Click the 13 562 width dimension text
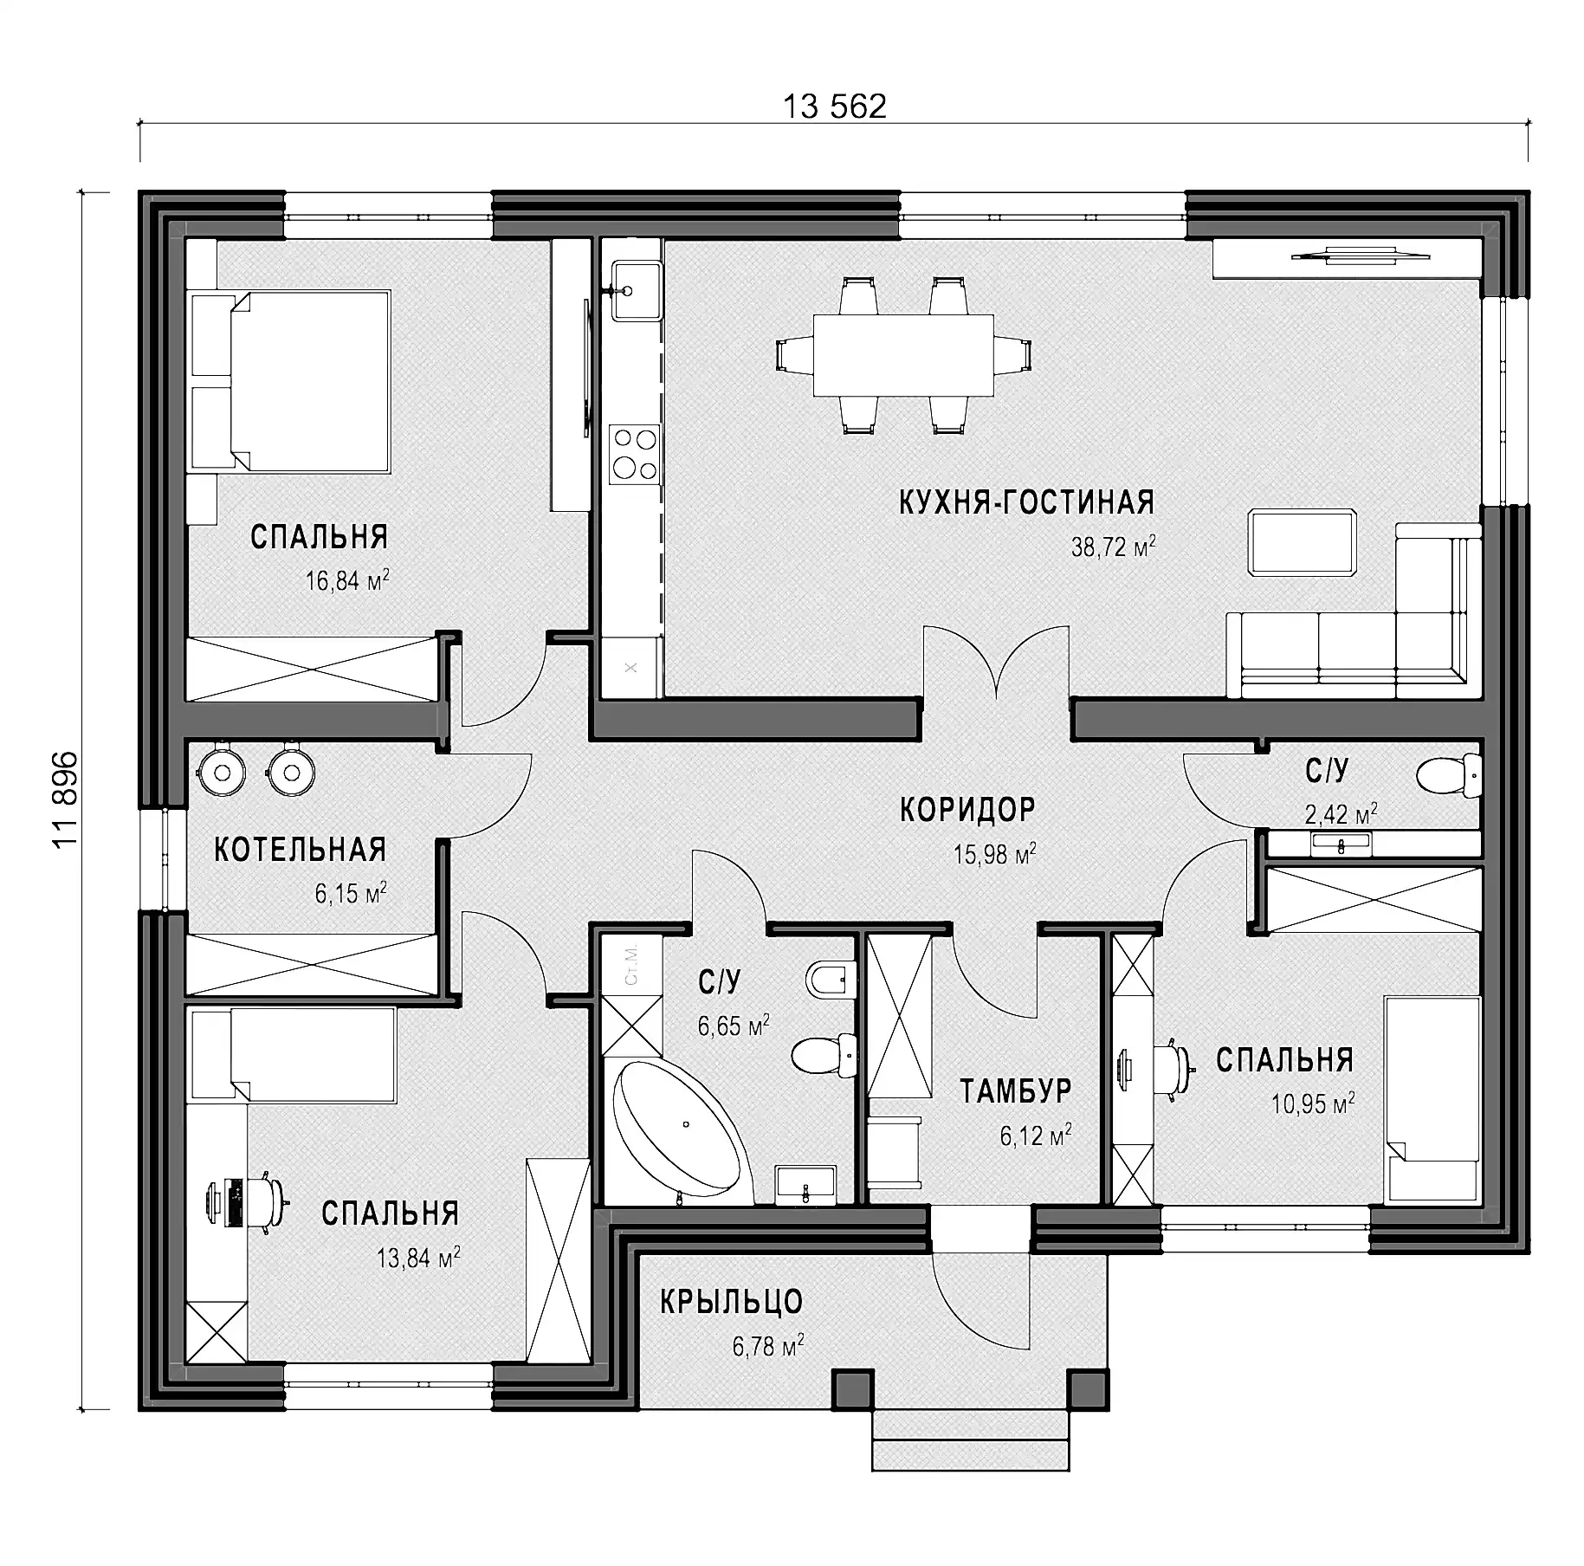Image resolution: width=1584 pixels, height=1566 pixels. pyautogui.click(x=835, y=107)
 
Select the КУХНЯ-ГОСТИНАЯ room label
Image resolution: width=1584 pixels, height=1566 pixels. pyautogui.click(x=1026, y=502)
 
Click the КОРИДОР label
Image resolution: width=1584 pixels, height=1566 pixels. pyautogui.click(x=967, y=810)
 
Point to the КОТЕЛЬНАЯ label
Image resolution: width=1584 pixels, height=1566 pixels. pyautogui.click(x=300, y=850)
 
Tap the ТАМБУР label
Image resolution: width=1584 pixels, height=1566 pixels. pyautogui.click(x=1015, y=1091)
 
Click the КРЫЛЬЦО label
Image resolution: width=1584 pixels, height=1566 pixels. pyautogui.click(x=731, y=1302)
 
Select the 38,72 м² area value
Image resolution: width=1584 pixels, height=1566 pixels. pyautogui.click(x=1113, y=547)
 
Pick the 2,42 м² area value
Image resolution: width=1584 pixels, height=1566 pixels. pyautogui.click(x=1341, y=814)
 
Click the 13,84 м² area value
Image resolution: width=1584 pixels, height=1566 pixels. pyautogui.click(x=417, y=1257)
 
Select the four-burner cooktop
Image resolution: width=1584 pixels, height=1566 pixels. pyautogui.click(x=634, y=454)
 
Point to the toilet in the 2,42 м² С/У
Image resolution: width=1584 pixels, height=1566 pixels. pyautogui.click(x=1449, y=773)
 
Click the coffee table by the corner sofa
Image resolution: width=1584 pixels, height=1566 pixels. pyautogui.click(x=1302, y=542)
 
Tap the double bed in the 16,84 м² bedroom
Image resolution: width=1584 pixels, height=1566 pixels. pyautogui.click(x=291, y=381)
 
